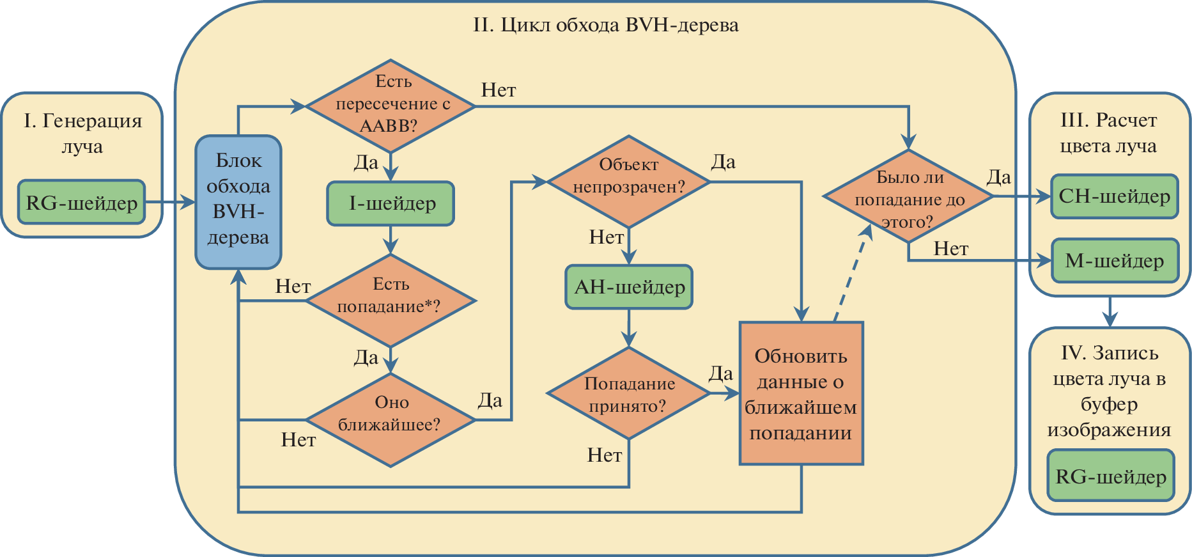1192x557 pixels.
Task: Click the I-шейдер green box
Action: [x=391, y=204]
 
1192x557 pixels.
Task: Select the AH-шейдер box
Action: [x=629, y=287]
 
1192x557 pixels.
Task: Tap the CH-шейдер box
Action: [x=1114, y=196]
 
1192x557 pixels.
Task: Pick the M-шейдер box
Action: [x=1114, y=261]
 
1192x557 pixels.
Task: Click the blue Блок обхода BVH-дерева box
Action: [x=238, y=201]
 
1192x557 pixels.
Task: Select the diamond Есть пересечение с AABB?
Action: [x=391, y=106]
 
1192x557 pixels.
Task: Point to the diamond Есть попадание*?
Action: [x=391, y=300]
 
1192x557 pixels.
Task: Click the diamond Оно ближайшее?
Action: [x=391, y=420]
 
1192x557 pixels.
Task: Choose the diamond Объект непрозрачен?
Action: [x=629, y=182]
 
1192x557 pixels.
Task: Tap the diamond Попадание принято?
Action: [x=629, y=393]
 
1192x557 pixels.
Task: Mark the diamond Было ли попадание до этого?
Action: [x=908, y=196]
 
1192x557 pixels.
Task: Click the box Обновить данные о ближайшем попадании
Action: [x=801, y=393]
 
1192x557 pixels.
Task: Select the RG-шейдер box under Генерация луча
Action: [x=82, y=203]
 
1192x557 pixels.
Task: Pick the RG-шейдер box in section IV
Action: [x=1111, y=476]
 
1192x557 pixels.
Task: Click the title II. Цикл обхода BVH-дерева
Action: [x=605, y=26]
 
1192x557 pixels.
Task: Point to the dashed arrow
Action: [x=852, y=275]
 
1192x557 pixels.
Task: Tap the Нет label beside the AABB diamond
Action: [x=499, y=90]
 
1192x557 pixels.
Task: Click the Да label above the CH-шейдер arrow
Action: [x=998, y=177]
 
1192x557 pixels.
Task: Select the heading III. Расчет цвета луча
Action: [x=1108, y=133]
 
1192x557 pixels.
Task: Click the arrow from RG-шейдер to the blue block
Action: [x=170, y=203]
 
